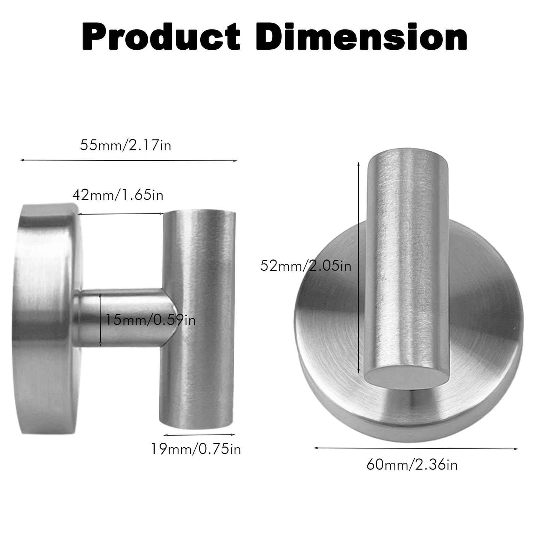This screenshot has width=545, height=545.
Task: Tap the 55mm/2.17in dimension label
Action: [x=126, y=145]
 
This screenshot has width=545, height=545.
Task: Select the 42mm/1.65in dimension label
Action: [x=118, y=195]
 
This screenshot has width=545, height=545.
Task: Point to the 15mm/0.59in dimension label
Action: [x=150, y=320]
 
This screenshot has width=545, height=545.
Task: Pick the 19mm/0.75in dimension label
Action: [x=196, y=449]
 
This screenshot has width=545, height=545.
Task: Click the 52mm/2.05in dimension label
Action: [x=306, y=266]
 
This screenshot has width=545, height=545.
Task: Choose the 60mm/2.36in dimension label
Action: [x=412, y=464]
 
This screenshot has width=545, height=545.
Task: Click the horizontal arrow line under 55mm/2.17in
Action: [x=129, y=161]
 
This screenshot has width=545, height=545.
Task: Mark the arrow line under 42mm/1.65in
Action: [x=121, y=214]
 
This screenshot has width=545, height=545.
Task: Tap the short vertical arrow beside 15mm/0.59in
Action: [x=100, y=320]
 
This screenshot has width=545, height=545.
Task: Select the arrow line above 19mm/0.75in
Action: [x=199, y=434]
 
